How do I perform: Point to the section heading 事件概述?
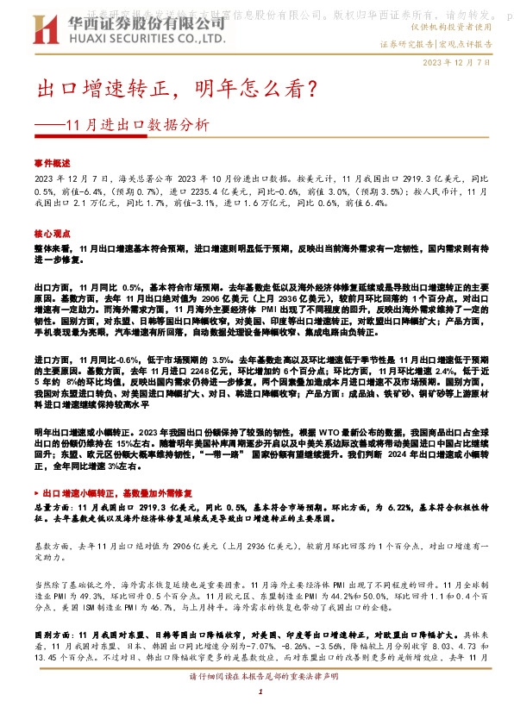[52, 161]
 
